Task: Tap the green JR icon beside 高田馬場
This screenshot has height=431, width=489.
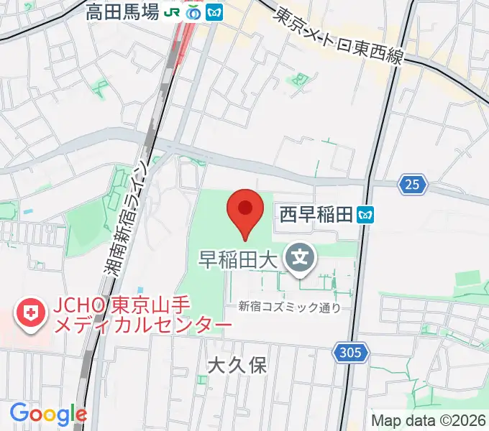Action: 173,12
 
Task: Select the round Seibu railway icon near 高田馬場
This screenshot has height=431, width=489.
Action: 193,12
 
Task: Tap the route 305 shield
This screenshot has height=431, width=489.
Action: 351,352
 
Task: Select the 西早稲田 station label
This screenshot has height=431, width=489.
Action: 317,214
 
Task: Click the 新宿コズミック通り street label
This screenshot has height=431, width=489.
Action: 290,307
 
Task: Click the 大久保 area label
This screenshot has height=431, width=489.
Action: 237,365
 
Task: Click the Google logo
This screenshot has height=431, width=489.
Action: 48,414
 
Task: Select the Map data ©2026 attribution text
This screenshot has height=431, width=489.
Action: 429,420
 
